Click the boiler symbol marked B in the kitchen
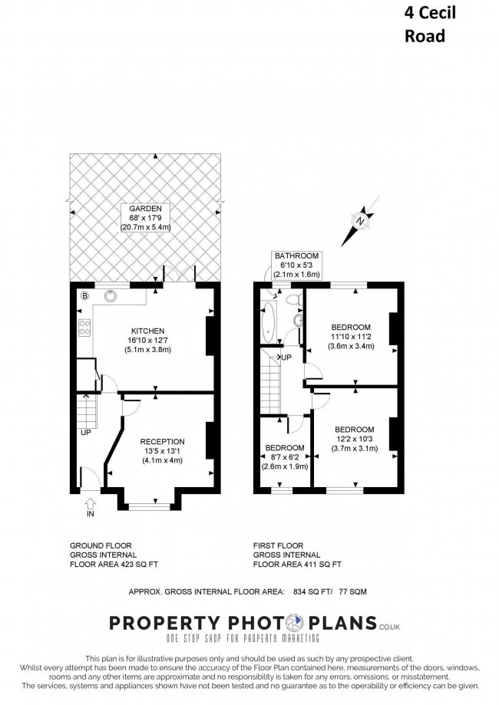pos(85,295)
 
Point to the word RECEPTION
pos(162,441)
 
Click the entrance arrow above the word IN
pos(91,503)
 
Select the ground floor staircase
pos(89,414)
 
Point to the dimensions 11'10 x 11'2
pos(352,336)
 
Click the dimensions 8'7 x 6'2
pos(285,456)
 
